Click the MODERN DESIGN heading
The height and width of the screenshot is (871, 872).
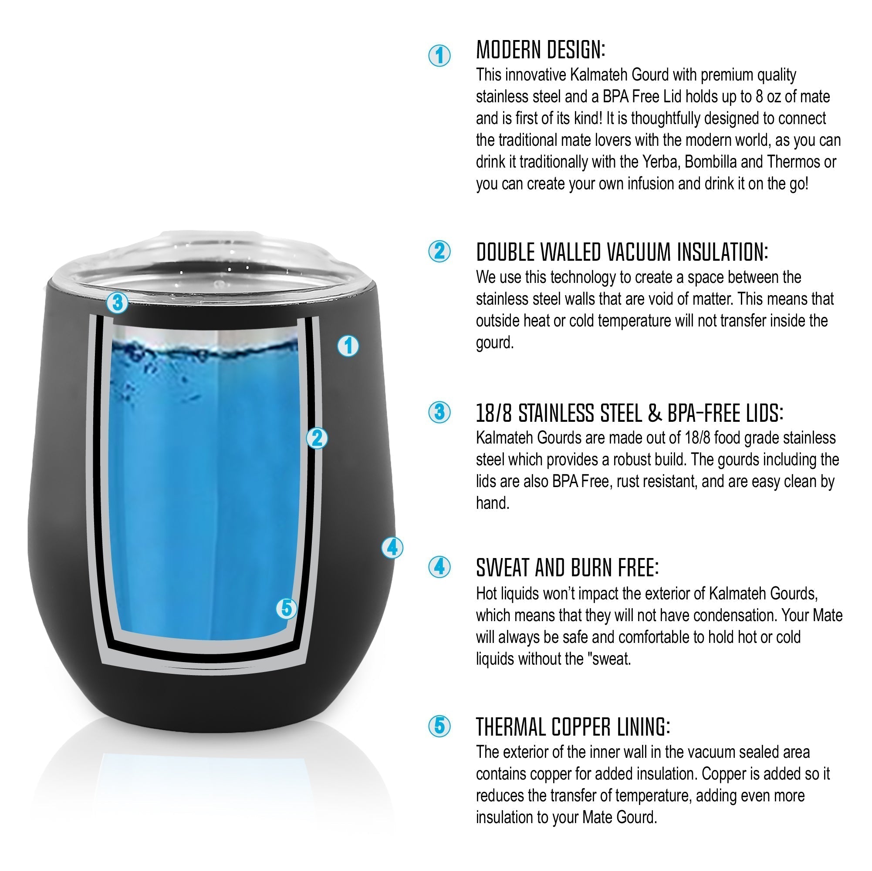(540, 50)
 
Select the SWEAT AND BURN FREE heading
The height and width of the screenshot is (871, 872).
(567, 568)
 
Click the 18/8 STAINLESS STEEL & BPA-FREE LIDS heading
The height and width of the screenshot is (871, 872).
(629, 413)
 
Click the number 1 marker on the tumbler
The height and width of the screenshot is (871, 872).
(348, 346)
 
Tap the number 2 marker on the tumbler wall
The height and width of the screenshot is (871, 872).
(317, 438)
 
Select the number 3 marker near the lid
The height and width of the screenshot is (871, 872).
(117, 302)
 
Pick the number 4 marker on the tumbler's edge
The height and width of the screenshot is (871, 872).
(392, 548)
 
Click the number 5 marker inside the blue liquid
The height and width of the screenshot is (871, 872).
(287, 609)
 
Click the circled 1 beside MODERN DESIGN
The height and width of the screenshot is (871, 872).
(439, 55)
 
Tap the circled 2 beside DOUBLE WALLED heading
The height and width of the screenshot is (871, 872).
(439, 251)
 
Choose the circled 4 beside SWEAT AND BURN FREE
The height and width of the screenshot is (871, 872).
(439, 567)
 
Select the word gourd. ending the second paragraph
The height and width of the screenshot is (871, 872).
(495, 343)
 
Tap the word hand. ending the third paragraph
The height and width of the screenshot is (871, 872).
(493, 503)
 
